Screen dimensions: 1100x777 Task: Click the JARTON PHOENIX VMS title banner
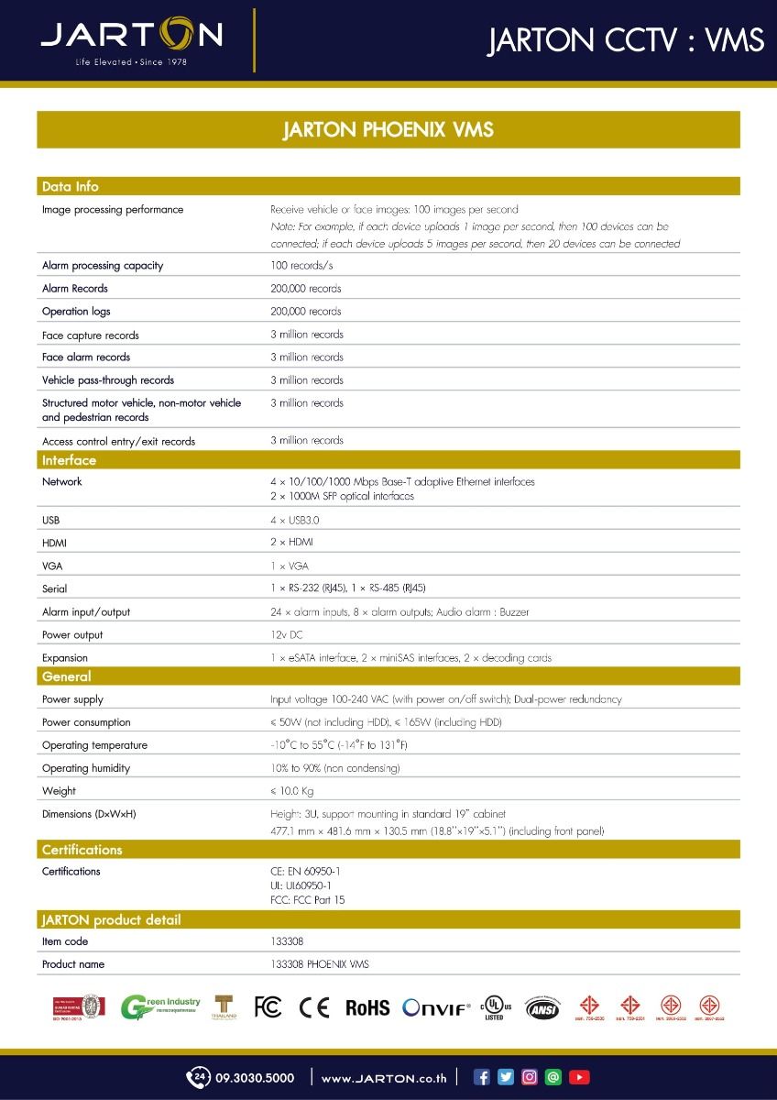[x=388, y=129]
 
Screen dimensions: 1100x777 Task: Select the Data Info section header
[x=71, y=186]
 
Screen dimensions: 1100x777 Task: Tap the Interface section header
[x=69, y=460]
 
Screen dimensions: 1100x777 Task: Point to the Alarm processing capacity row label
[x=103, y=266]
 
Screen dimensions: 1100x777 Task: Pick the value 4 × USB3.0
[x=295, y=520]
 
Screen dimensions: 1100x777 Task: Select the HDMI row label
[x=54, y=543]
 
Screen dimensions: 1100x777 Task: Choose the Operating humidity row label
[x=86, y=768]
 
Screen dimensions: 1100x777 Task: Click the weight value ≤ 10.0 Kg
[x=292, y=791]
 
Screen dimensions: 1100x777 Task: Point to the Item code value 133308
[x=287, y=941]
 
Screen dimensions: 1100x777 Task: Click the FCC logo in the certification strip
[x=268, y=1006]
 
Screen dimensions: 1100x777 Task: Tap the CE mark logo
[x=314, y=1006]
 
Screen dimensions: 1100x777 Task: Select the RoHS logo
[x=367, y=1007]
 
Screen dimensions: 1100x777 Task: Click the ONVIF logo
[x=437, y=1007]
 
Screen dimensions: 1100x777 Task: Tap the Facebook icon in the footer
[x=482, y=1077]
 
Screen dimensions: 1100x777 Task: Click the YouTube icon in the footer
[x=579, y=1077]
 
